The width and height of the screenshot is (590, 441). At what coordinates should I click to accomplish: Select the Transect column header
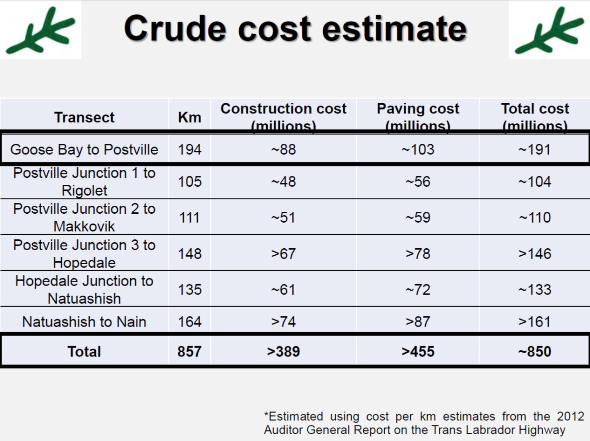coord(84,117)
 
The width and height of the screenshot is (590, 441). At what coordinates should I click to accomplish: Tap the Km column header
coord(189,118)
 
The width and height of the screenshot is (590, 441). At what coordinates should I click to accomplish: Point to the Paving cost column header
coord(417,116)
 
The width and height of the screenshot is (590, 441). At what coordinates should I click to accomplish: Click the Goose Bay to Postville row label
coord(84,149)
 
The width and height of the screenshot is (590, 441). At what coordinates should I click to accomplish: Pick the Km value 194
coord(189,149)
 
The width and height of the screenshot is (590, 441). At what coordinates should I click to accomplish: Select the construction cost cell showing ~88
coord(283,149)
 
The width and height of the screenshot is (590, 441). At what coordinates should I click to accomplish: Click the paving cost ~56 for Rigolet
coord(417,181)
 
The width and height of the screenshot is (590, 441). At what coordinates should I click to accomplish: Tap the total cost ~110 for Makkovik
coord(534,217)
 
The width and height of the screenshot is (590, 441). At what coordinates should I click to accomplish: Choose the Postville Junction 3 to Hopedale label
coord(84,253)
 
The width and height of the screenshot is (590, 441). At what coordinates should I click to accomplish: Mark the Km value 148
coord(189,253)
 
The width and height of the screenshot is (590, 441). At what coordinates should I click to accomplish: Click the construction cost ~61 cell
coord(283,289)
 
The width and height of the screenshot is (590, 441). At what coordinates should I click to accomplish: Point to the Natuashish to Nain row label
coord(84,322)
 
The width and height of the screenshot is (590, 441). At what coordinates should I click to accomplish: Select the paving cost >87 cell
coord(417,322)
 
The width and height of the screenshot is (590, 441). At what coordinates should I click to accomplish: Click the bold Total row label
coord(84,351)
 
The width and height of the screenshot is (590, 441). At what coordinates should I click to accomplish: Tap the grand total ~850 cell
coord(534,351)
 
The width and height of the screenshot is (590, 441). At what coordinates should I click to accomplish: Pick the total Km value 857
coord(189,351)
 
